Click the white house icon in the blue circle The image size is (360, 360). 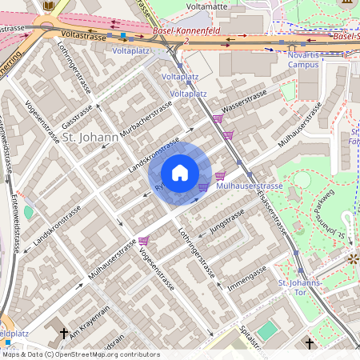point(180,173)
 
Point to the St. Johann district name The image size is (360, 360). point(90,137)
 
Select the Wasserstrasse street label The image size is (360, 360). point(244,103)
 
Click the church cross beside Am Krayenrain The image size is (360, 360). point(63,332)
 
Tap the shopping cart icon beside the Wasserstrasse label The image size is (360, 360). point(218,118)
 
